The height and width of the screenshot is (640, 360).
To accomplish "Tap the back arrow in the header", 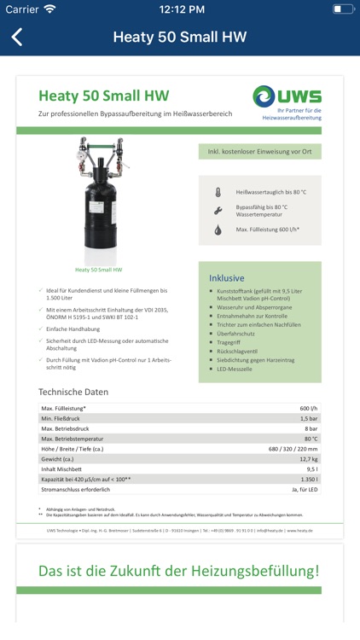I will pos(17,37).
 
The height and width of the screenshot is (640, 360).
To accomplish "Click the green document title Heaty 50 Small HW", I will pos(103,96).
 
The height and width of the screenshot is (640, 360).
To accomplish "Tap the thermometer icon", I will pos(218,193).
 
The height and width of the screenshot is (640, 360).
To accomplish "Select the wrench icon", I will pos(218,210).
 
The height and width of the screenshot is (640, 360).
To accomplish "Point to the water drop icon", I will pos(218,230).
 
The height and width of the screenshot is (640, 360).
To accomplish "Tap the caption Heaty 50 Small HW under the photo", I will pos(98,270).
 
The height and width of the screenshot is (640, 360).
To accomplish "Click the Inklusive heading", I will pos(227,277).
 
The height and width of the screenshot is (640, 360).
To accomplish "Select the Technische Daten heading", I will pos(73,392).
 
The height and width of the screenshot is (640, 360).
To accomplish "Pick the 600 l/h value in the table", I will pos(308,408).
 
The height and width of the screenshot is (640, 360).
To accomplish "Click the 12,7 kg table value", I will pos(308,459).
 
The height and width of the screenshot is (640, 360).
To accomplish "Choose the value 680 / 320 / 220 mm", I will pos(293,449).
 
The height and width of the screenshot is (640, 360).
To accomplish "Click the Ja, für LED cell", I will pos(304,490).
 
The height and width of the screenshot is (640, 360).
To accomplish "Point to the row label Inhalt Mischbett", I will pos(62,469).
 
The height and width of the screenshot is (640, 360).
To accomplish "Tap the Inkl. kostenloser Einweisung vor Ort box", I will pos(259,152).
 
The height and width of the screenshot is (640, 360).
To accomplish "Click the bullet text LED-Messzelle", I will pos(236,369).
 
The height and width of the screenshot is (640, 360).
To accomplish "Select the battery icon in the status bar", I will pos(342,9).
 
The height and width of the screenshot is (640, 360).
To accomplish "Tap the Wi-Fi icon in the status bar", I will pos(49,9).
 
